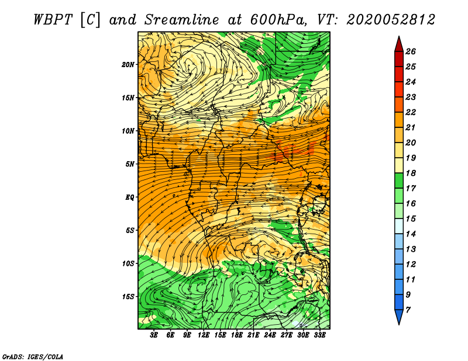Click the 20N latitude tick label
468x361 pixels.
[x=128, y=65]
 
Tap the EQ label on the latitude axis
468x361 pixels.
[x=129, y=197]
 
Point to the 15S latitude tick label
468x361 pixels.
[x=128, y=297]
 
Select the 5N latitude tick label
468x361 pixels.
[x=130, y=164]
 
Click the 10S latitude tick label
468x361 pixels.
[x=128, y=264]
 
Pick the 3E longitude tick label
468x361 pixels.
[x=154, y=335]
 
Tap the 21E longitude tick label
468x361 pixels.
[x=253, y=335]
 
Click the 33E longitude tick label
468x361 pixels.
[x=319, y=335]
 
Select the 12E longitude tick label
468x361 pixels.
[x=203, y=335]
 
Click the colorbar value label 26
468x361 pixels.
[x=411, y=51]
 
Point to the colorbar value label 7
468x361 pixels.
[x=408, y=310]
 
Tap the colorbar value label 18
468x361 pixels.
[x=411, y=173]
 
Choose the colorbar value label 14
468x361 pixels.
[x=411, y=234]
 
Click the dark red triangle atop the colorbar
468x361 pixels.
[x=399, y=45]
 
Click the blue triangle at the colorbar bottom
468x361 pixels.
[x=399, y=317]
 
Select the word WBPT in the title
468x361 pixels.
[x=53, y=20]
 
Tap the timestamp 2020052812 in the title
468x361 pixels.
[x=391, y=20]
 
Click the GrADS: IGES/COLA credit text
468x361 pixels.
[x=33, y=357]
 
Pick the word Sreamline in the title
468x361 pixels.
[x=182, y=20]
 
